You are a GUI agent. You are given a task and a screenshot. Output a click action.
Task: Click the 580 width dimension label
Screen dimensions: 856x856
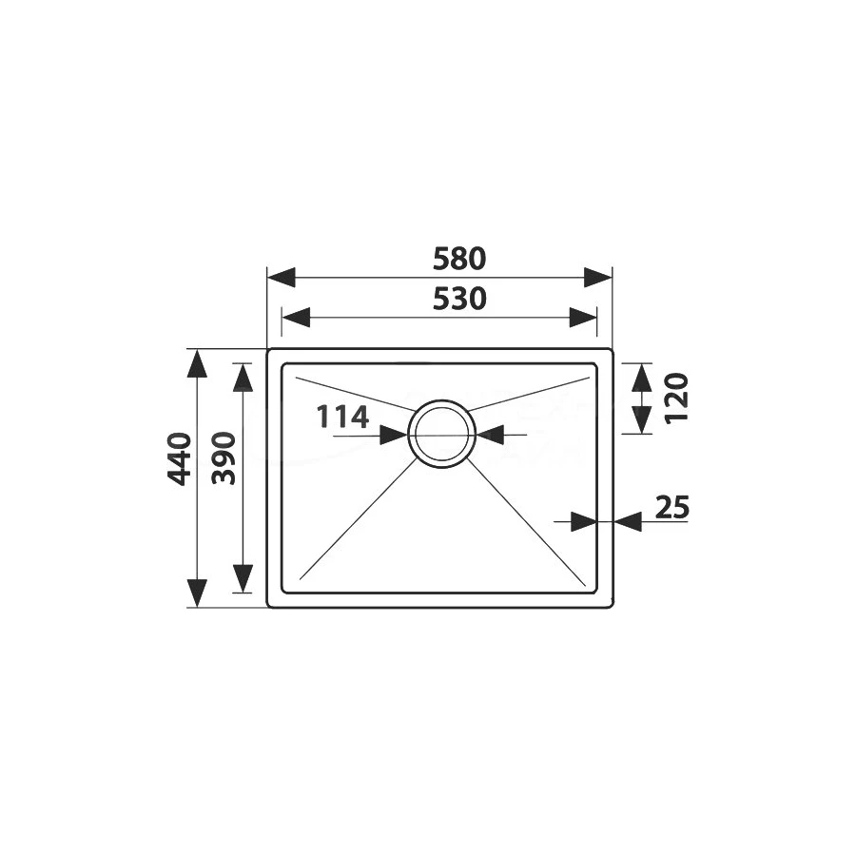click(x=459, y=258)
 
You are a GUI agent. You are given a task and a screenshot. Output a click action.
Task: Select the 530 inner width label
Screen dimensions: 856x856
click(x=459, y=299)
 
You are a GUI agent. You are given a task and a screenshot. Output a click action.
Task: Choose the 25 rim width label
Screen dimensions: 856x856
click(x=671, y=508)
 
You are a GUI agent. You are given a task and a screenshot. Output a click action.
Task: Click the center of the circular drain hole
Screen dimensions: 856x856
click(x=440, y=434)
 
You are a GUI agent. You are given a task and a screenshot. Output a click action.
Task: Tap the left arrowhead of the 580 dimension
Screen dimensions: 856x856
click(x=282, y=278)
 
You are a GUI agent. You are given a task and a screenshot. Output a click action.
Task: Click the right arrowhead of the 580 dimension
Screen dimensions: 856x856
click(x=597, y=278)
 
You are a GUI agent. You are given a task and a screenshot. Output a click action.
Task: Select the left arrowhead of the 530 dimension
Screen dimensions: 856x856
click(x=296, y=318)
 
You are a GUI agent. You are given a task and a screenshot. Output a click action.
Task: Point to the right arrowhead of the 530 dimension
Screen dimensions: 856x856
click(x=583, y=318)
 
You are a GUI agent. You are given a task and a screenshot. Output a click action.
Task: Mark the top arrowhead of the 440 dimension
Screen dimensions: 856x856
click(x=197, y=365)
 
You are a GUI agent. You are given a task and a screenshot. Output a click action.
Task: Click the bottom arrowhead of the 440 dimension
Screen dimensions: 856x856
click(x=197, y=592)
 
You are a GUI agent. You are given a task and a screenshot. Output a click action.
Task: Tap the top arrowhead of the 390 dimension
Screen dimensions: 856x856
click(x=243, y=379)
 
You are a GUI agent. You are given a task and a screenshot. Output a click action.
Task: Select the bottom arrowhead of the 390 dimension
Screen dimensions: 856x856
click(x=243, y=577)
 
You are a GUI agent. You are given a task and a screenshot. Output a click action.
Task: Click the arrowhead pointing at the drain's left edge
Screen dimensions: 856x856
click(x=394, y=435)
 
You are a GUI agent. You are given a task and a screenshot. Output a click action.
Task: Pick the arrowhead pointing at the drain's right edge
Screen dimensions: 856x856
click(x=488, y=435)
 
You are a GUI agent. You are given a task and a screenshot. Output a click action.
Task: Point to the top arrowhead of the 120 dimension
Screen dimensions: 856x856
click(x=640, y=379)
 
